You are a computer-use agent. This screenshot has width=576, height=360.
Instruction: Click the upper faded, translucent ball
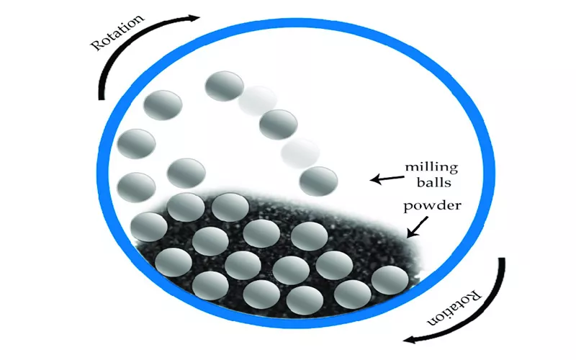click(x=258, y=99)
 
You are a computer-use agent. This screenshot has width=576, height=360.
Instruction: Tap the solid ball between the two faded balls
click(x=278, y=125)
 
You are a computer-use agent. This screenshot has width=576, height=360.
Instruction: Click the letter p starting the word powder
click(x=408, y=206)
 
